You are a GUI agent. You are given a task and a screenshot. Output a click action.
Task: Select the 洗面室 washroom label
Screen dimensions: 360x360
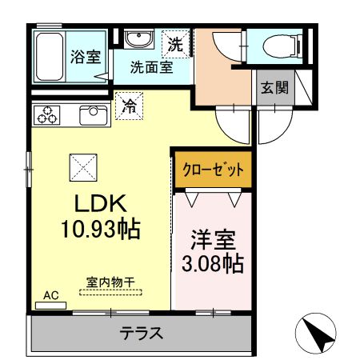click(x=151, y=68)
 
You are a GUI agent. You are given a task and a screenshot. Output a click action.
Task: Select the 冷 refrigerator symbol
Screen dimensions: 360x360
click(x=129, y=104)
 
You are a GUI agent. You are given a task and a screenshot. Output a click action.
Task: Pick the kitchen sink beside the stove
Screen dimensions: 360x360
click(x=93, y=114)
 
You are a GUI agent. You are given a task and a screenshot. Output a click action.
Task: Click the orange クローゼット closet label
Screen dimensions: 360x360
click(x=213, y=169)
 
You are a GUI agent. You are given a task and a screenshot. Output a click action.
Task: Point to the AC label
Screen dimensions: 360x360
click(x=51, y=296)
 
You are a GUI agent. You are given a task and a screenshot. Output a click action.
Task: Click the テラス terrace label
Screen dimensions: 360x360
click(x=142, y=333)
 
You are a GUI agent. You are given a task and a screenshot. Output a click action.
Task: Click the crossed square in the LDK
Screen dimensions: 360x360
click(x=83, y=167)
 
